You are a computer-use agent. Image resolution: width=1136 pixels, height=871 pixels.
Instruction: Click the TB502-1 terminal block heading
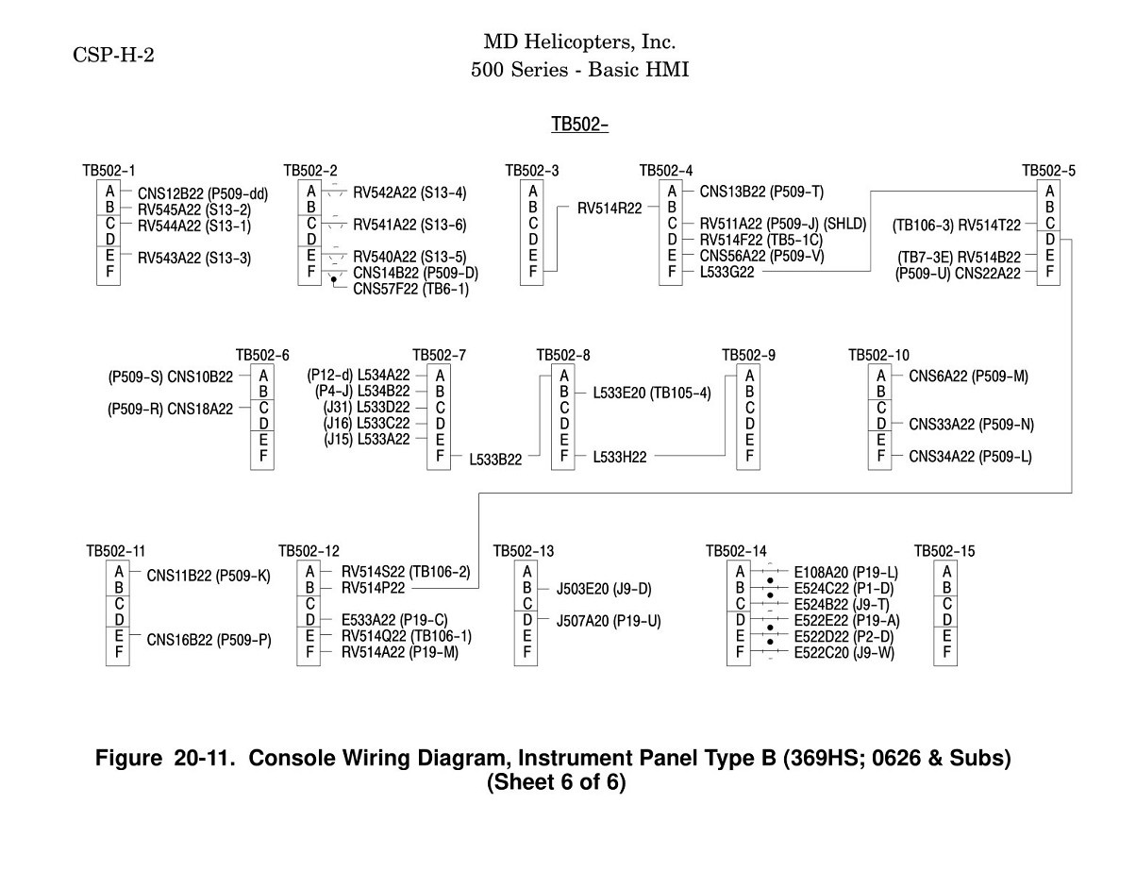click(109, 171)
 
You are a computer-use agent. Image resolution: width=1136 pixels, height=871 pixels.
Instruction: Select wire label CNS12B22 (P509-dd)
click(203, 194)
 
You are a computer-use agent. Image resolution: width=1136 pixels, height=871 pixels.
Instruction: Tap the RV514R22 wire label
click(610, 209)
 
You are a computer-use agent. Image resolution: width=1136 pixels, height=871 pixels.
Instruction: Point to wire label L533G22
click(727, 272)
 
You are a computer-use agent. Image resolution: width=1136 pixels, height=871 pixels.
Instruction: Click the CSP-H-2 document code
click(113, 55)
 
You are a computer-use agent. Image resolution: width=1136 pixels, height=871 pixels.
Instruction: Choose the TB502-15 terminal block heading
click(944, 551)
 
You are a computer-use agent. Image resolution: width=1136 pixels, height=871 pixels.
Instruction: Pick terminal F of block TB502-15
click(946, 652)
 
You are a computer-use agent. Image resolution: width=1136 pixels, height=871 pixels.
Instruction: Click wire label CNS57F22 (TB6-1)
click(411, 289)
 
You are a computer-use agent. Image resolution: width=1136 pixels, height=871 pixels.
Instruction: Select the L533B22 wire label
click(495, 460)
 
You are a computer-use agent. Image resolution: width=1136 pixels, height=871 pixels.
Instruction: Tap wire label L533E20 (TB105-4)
click(652, 394)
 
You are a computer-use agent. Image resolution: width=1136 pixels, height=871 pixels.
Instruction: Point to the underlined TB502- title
click(579, 125)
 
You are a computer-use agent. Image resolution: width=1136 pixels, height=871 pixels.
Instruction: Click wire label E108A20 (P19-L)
click(845, 573)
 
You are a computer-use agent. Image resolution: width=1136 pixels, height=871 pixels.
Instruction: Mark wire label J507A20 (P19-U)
click(609, 621)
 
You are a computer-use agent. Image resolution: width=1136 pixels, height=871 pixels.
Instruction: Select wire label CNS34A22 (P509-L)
click(970, 457)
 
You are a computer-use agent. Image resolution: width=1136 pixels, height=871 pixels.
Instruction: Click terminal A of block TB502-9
click(749, 376)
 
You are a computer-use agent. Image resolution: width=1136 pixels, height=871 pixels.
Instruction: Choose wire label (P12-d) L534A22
click(359, 376)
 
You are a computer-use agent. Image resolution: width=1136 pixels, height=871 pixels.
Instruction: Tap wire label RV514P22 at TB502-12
click(374, 588)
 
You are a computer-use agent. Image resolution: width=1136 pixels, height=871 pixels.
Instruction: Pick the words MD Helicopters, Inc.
click(579, 42)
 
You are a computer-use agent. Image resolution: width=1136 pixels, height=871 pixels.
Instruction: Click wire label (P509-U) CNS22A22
click(958, 274)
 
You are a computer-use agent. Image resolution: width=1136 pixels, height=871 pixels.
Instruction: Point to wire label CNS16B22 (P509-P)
click(209, 640)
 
